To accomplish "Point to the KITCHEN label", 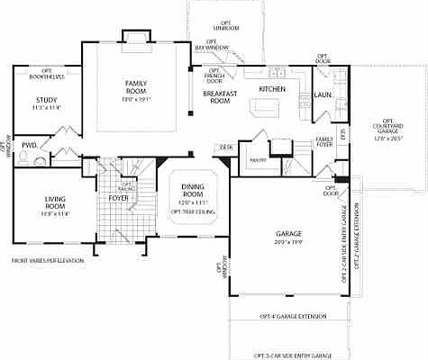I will click(x=272, y=89).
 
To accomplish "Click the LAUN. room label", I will click(x=323, y=92).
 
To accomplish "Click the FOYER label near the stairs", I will click(x=118, y=197).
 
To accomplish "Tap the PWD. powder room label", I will click(x=29, y=144).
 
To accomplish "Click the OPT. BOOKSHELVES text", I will click(x=41, y=67).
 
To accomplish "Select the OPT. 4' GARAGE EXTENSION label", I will click(x=287, y=317).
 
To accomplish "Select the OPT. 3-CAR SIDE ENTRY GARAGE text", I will click(x=287, y=355).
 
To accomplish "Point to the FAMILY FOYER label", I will click(x=324, y=140).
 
